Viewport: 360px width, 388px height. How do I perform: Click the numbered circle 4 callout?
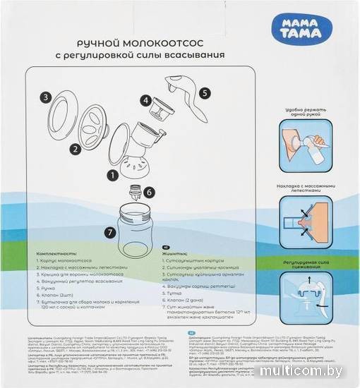coord(145,100)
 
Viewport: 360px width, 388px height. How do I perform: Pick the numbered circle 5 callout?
coord(204,92)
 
